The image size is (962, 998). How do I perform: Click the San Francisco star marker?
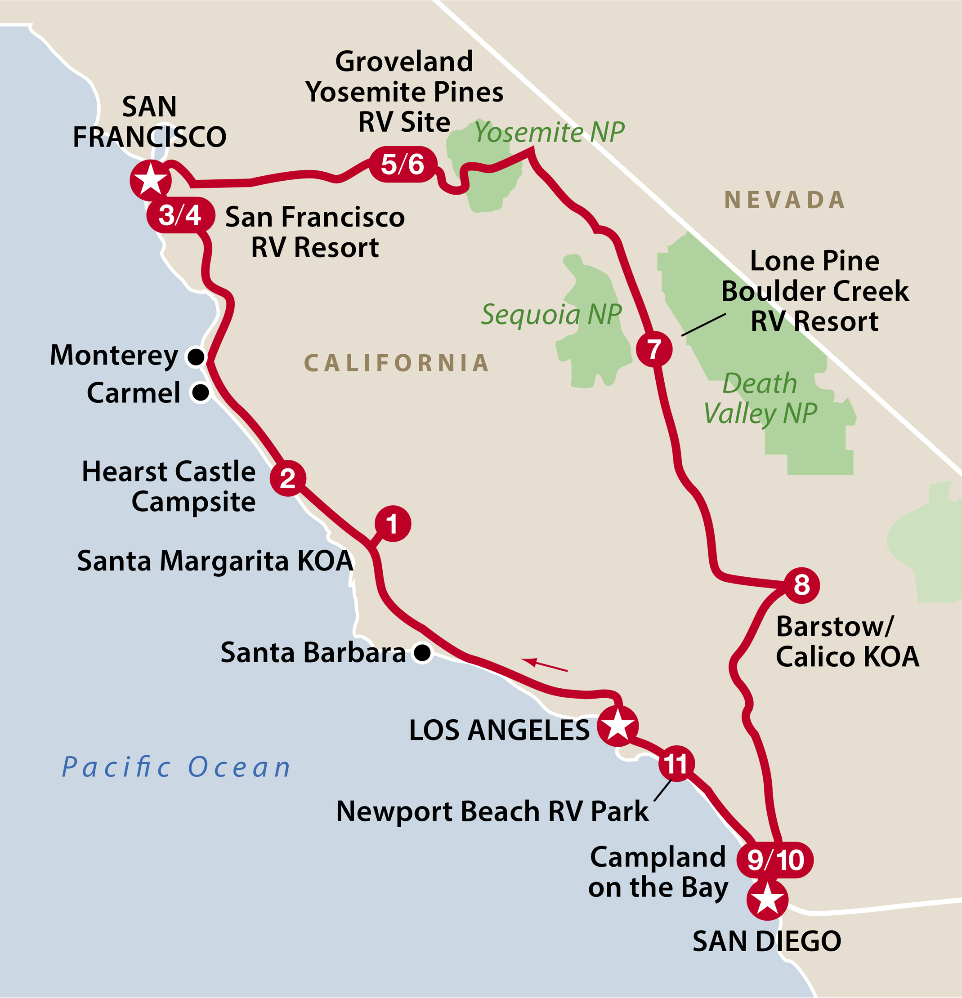click(x=150, y=180)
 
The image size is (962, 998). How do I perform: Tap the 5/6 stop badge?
click(x=403, y=165)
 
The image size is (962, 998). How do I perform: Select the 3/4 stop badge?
click(x=180, y=215)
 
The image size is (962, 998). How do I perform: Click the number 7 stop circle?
click(x=654, y=349)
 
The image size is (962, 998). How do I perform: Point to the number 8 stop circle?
click(x=801, y=585)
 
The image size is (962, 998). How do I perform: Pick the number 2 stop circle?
click(x=288, y=478)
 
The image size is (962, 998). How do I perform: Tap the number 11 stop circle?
click(x=676, y=764)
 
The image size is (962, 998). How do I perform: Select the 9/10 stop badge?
click(x=775, y=860)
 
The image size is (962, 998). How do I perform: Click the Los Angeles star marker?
click(x=617, y=726)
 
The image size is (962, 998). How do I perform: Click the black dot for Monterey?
click(x=196, y=356)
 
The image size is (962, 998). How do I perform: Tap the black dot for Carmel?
click(x=200, y=392)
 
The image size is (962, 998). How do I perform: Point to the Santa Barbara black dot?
click(x=422, y=652)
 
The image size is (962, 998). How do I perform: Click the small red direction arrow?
click(x=544, y=665)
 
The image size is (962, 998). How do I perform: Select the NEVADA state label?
click(x=785, y=200)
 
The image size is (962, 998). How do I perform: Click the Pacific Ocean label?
click(x=176, y=767)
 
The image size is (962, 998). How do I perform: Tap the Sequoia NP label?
click(x=551, y=314)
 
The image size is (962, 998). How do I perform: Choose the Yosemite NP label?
click(x=549, y=132)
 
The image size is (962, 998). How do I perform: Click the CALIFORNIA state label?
click(x=396, y=363)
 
